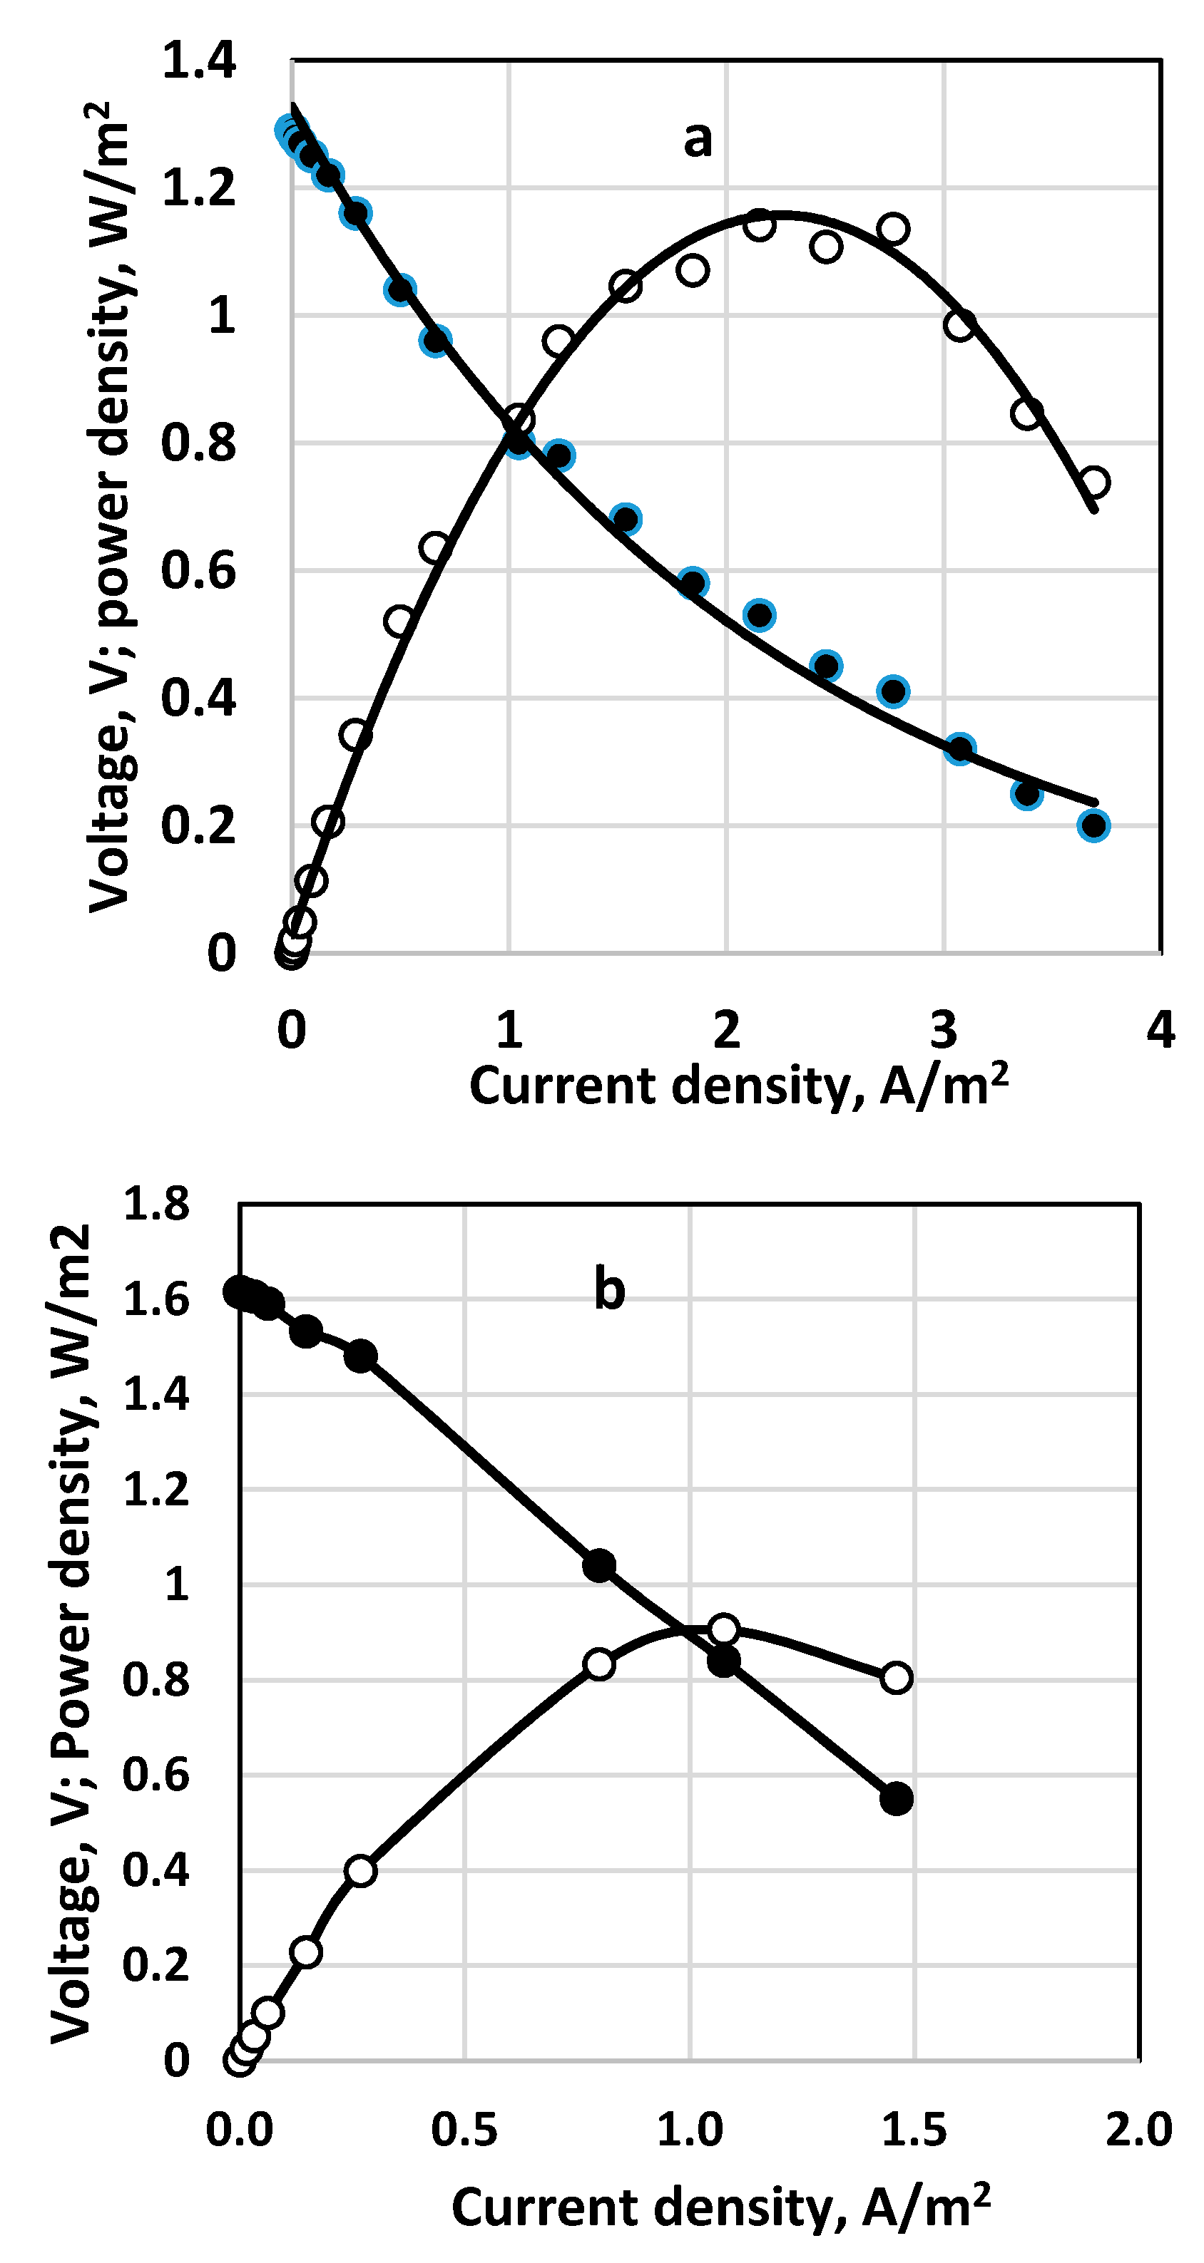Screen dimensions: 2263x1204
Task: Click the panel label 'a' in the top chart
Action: point(698,139)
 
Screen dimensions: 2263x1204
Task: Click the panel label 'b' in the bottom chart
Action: point(609,1289)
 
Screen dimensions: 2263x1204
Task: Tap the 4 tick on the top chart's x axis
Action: point(1160,1030)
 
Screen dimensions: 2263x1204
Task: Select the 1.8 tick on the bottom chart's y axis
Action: point(156,1204)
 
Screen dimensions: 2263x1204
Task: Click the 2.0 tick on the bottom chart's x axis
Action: point(1138,2130)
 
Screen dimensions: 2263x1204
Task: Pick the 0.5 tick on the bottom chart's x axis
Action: point(464,2130)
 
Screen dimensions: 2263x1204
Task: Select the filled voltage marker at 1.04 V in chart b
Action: point(599,1565)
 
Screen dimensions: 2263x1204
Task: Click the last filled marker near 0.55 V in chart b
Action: point(897,1798)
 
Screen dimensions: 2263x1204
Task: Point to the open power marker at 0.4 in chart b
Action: point(360,1871)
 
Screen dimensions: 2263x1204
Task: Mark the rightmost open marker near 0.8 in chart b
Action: point(897,1678)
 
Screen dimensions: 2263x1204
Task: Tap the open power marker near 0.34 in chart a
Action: point(355,734)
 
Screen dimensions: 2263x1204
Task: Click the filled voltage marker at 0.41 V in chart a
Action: point(893,691)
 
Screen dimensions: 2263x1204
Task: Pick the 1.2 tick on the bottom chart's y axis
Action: point(156,1490)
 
